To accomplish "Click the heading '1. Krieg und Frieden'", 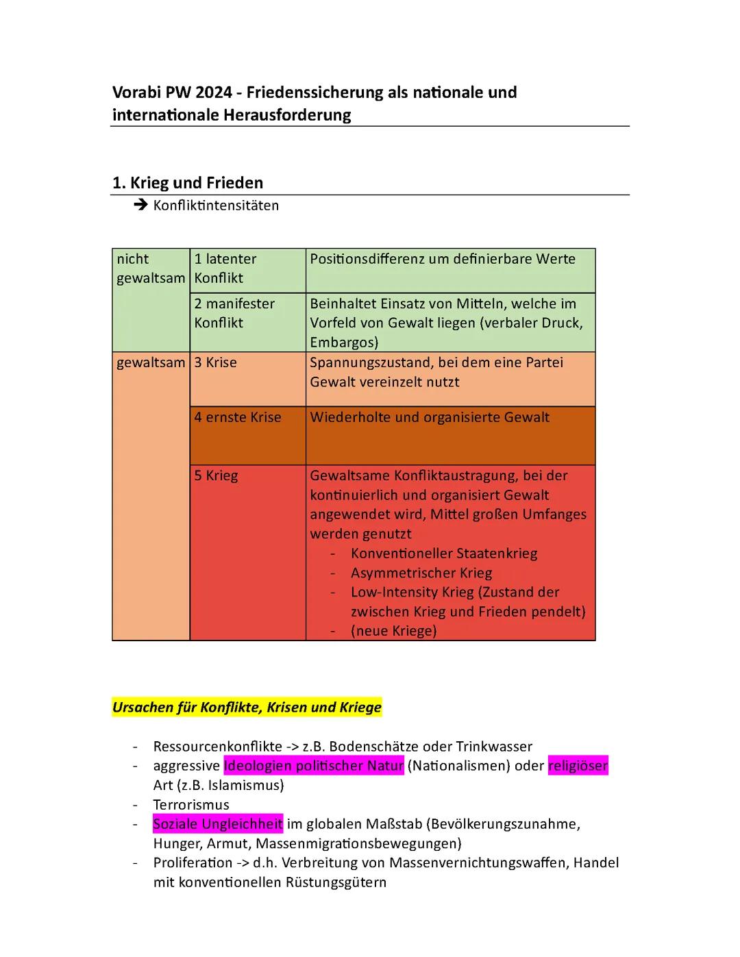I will click(x=187, y=183).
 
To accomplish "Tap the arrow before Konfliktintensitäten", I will click(x=141, y=205).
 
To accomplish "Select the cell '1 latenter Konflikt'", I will click(x=225, y=269).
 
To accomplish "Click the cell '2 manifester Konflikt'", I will click(x=234, y=313).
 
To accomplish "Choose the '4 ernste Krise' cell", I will click(x=237, y=417).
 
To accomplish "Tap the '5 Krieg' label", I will click(x=216, y=475).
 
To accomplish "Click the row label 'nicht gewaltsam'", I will click(x=150, y=269).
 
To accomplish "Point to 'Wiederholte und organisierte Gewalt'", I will click(x=429, y=417).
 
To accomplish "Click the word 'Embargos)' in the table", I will click(x=344, y=342).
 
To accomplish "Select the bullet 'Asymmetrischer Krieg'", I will click(x=421, y=573).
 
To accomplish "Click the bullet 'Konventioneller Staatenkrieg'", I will click(x=443, y=554).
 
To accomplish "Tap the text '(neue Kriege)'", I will click(x=393, y=631).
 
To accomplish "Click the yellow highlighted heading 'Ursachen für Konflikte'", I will click(x=246, y=708).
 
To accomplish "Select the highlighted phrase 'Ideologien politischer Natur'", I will click(x=313, y=766).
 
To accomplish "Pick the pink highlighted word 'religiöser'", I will click(x=578, y=766).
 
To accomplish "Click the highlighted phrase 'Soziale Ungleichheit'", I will click(x=217, y=824).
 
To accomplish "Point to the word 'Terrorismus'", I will click(x=190, y=805).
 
